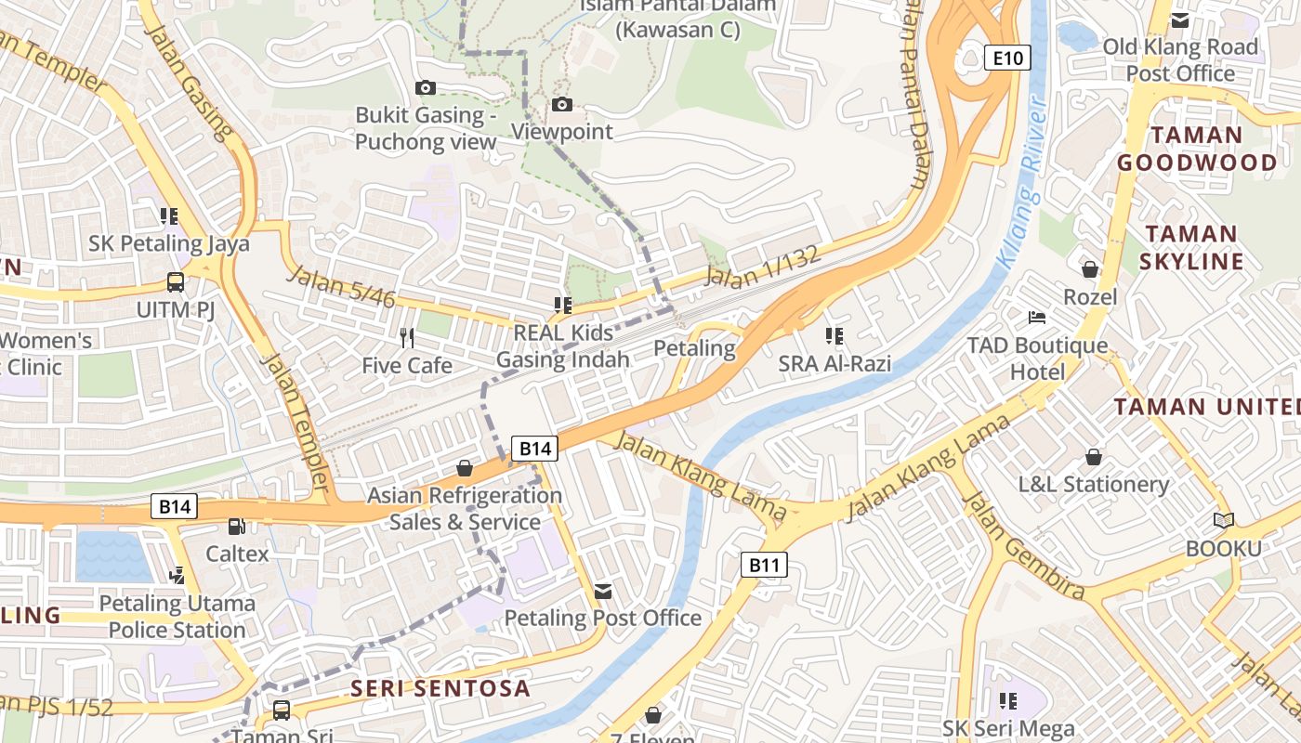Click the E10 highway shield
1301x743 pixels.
(1007, 59)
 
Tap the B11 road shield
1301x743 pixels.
(764, 564)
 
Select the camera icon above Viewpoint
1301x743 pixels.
(562, 104)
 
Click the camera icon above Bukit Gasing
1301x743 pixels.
(426, 87)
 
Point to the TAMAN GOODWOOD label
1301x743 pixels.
(1196, 149)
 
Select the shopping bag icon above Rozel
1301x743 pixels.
(1090, 269)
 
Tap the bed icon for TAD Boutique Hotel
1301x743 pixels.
(1037, 318)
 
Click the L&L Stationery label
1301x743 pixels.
(1093, 484)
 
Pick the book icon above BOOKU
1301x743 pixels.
(1224, 521)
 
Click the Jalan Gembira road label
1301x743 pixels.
(1024, 546)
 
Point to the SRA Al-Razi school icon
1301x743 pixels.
(834, 336)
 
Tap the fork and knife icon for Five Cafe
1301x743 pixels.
(406, 337)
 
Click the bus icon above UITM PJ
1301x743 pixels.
(175, 281)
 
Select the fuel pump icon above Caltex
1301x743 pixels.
(237, 527)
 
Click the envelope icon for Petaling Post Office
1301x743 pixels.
(603, 591)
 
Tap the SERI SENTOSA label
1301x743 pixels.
(440, 688)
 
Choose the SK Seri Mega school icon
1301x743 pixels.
(1008, 701)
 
